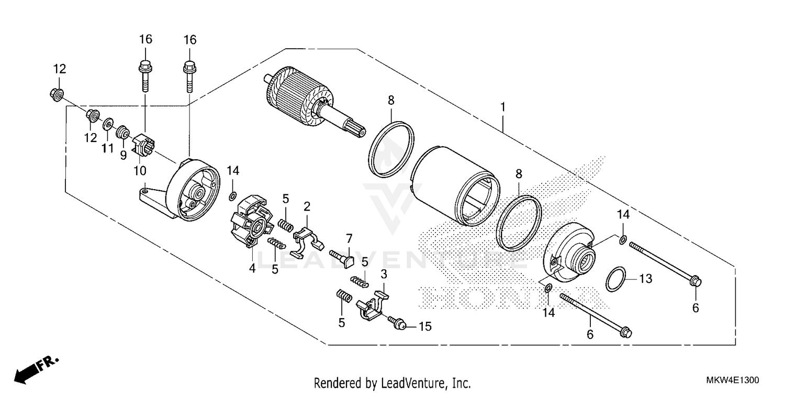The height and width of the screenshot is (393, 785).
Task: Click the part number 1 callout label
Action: (502, 107)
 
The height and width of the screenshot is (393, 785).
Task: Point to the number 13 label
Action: (646, 279)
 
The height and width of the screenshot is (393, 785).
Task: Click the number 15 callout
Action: (424, 326)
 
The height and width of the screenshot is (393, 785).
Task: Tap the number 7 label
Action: (349, 238)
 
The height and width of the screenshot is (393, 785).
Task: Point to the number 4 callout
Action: (252, 268)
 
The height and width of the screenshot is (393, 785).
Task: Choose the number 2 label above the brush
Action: (307, 206)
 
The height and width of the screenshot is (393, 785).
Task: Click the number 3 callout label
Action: (384, 274)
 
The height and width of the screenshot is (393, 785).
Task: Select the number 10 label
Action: (140, 171)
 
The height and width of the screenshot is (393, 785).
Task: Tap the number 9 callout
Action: (123, 155)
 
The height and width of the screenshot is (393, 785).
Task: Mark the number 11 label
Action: (107, 148)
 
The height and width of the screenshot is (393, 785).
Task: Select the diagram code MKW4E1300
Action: (733, 380)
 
